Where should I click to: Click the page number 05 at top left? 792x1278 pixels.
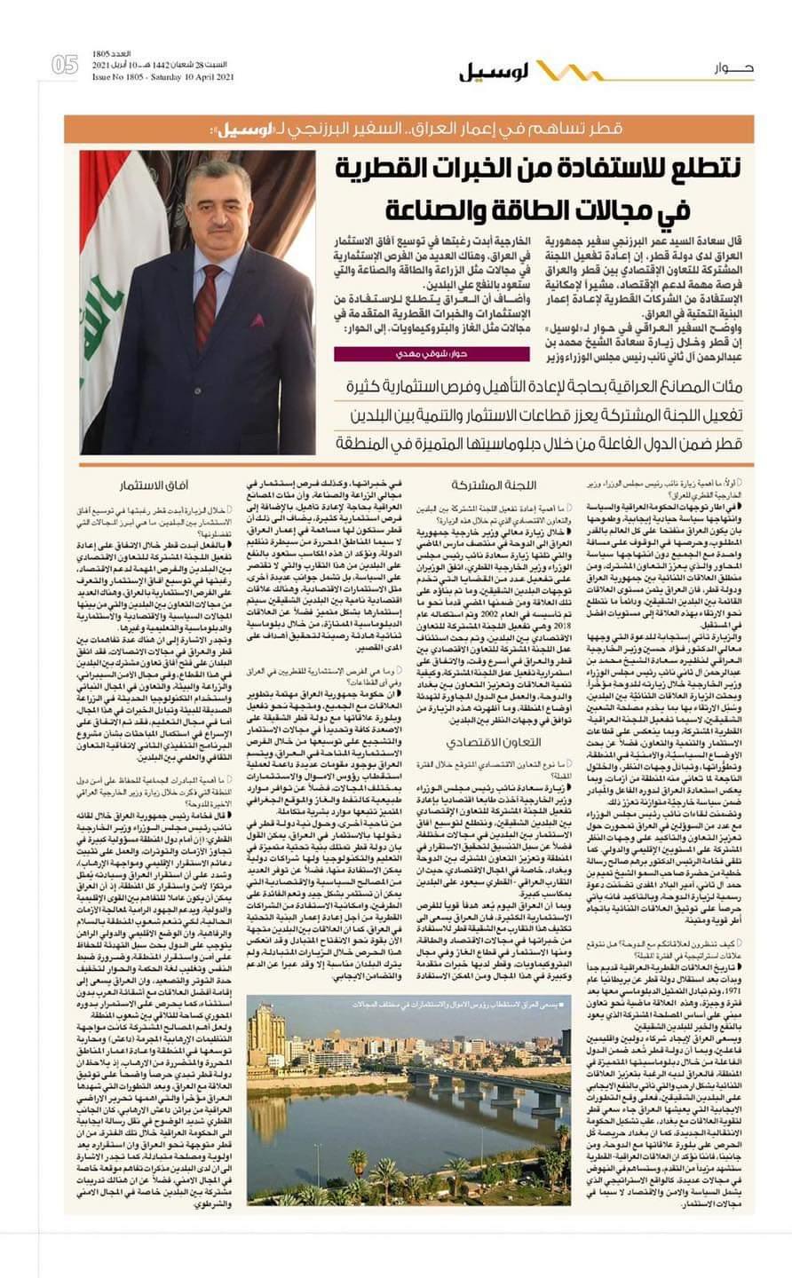click(x=65, y=65)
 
